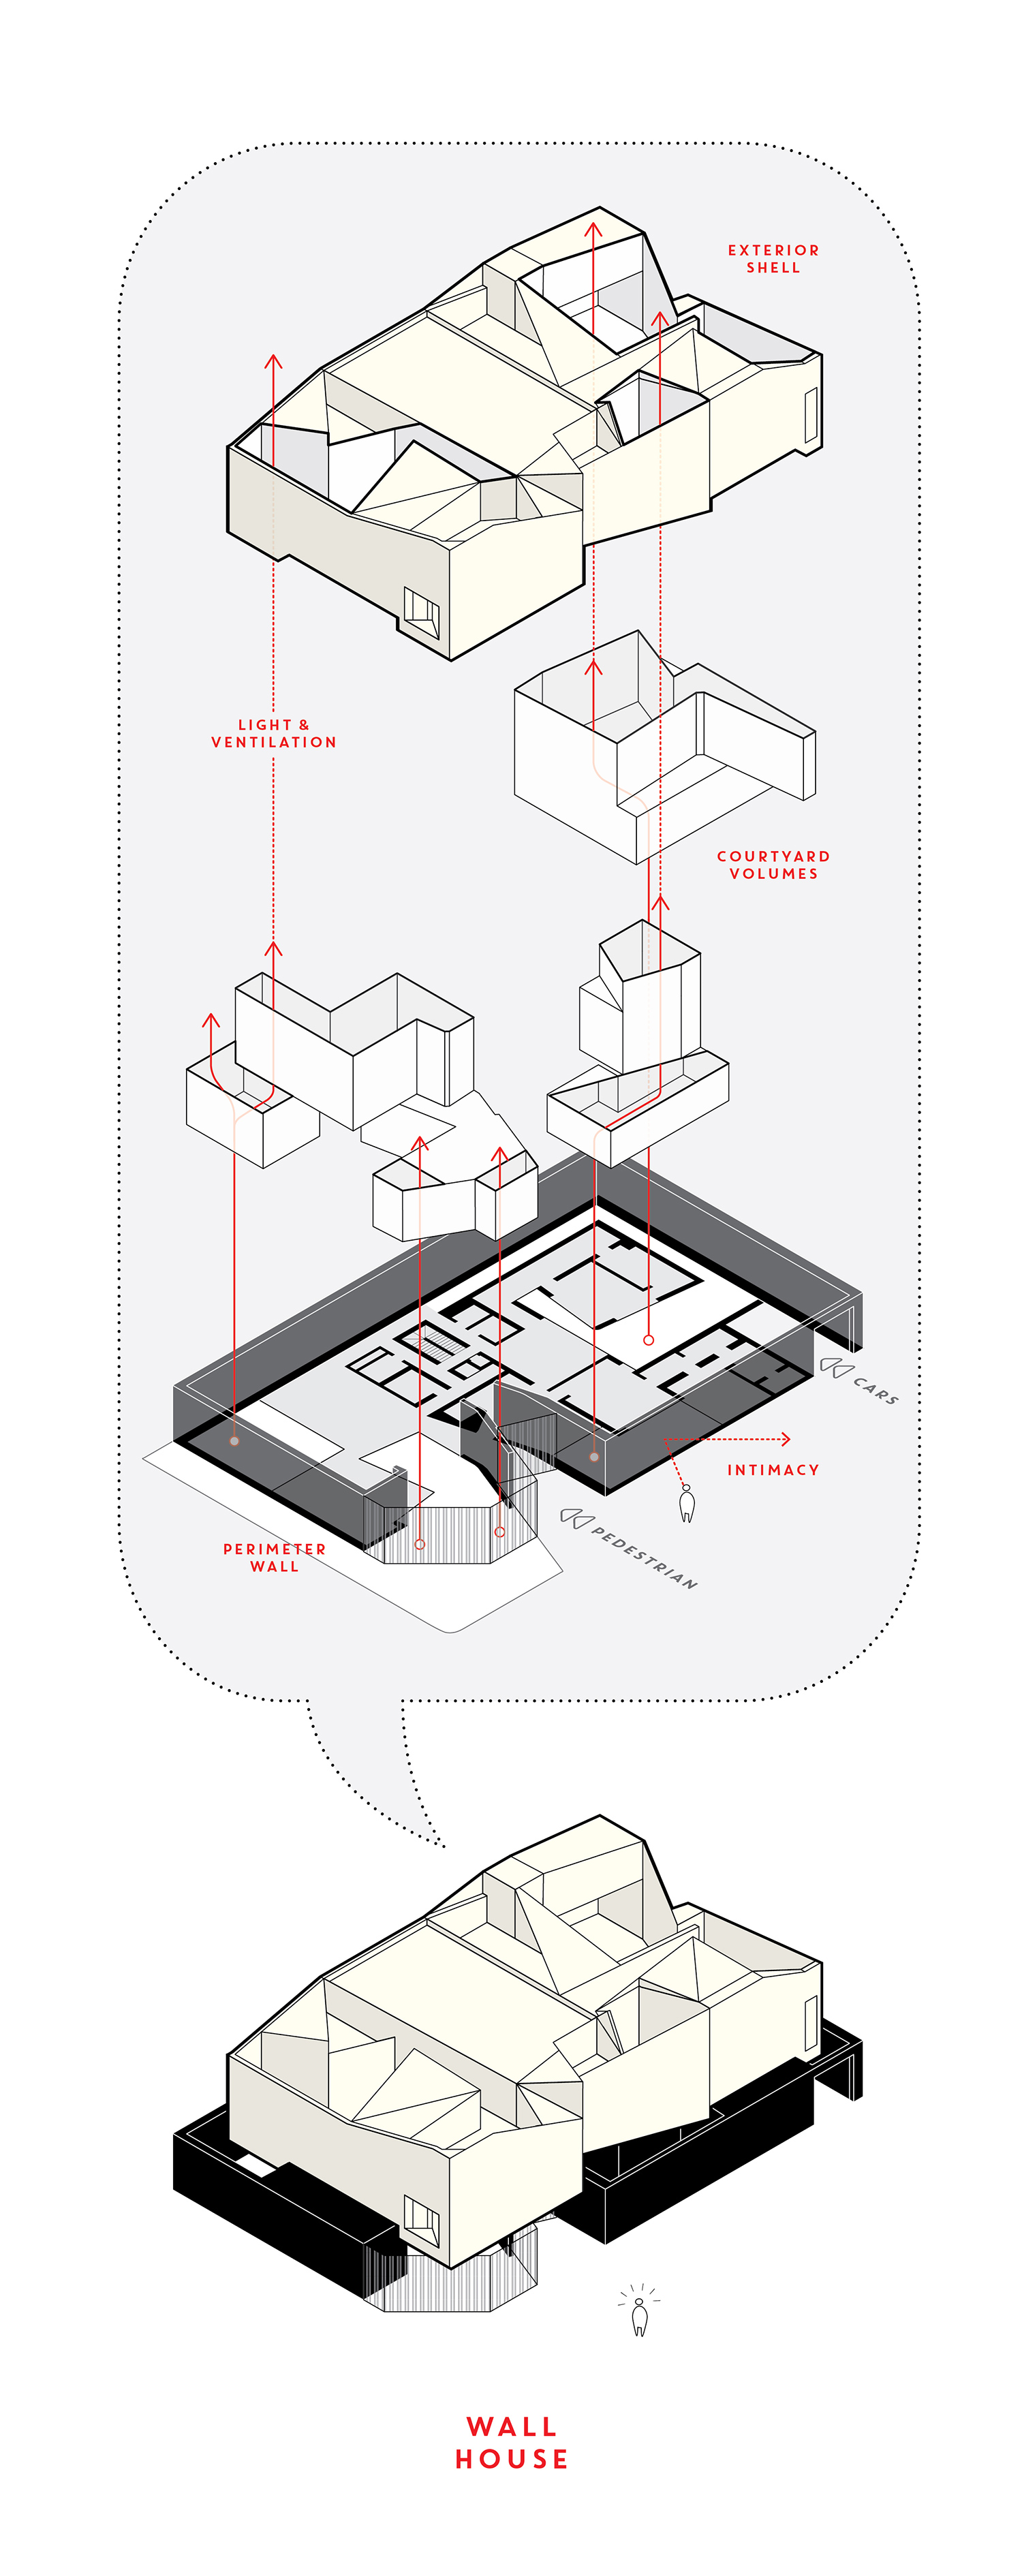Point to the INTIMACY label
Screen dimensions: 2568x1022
773,1470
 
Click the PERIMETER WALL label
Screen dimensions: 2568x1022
274,1557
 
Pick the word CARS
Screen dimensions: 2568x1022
876,1390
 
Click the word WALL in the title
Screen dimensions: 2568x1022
512,2426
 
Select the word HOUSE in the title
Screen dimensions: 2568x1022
512,2460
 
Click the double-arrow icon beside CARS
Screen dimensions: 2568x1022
835,1367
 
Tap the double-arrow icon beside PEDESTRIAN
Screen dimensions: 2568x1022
576,1517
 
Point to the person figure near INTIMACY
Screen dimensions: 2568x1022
686,1503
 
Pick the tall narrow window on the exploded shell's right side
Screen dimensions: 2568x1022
811,415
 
